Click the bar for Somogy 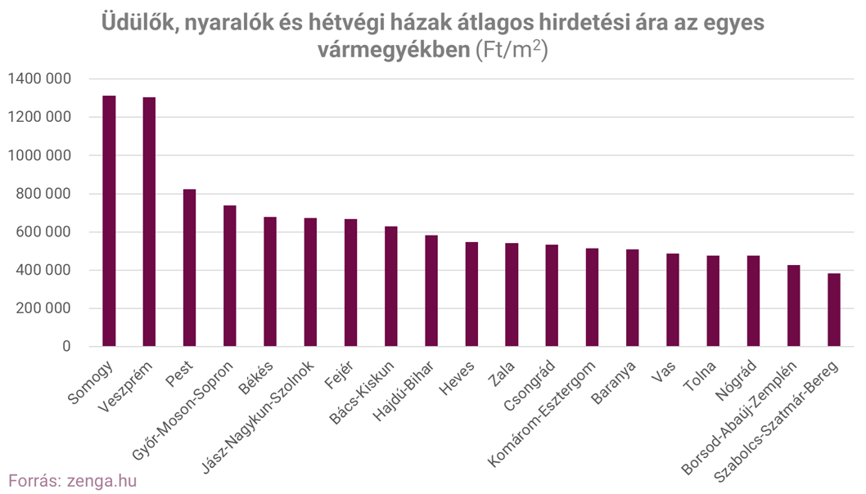click(109, 221)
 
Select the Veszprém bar click(149, 222)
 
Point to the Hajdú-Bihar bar click(431, 290)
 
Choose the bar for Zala click(512, 294)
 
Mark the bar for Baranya click(633, 298)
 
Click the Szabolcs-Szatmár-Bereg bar click(834, 310)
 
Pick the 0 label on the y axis click(66, 347)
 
